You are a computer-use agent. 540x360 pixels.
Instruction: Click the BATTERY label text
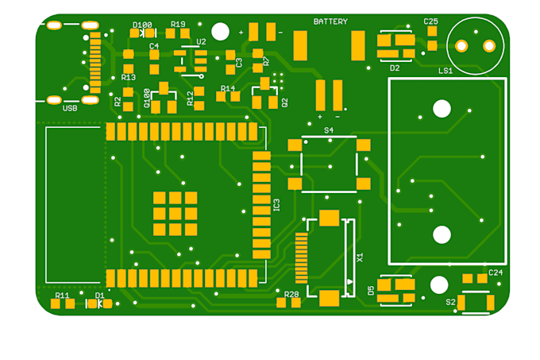click(330, 21)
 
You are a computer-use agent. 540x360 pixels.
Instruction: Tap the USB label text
click(70, 108)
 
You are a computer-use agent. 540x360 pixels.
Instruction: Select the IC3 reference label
click(276, 204)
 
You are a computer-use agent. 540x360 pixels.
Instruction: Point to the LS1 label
click(445, 71)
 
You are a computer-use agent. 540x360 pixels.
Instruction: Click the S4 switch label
click(329, 129)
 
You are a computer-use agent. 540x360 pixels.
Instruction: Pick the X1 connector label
click(360, 257)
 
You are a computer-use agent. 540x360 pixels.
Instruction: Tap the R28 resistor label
click(292, 294)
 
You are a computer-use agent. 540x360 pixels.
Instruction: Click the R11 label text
click(62, 295)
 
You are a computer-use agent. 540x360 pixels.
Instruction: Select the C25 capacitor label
click(430, 21)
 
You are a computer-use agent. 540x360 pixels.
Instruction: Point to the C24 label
click(495, 273)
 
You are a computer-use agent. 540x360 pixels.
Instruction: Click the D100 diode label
click(142, 25)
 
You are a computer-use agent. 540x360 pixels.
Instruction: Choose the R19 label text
click(178, 24)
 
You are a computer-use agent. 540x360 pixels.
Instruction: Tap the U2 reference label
click(201, 41)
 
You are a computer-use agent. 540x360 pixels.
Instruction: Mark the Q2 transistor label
click(284, 102)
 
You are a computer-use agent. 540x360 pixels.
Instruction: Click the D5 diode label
click(372, 290)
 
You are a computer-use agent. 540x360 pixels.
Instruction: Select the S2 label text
click(450, 302)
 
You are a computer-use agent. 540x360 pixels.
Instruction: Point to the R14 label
click(228, 88)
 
